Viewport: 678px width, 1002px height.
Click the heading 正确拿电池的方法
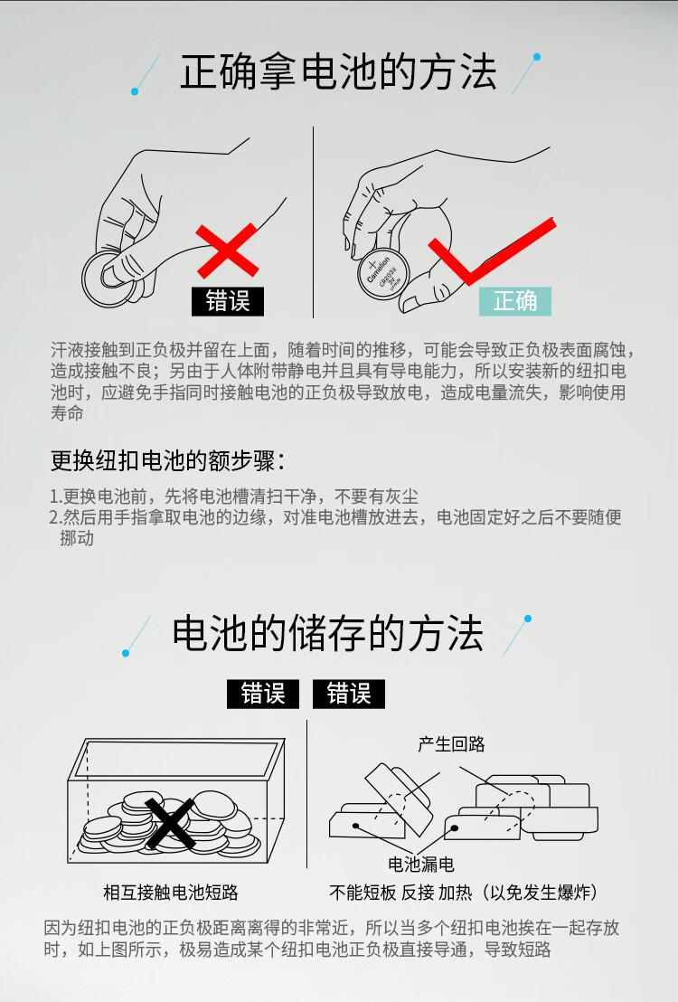tap(338, 71)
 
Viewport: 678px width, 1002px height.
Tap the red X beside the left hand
tap(227, 250)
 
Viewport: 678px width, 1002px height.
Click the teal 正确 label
tap(515, 301)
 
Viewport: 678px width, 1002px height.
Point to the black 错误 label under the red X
tap(228, 301)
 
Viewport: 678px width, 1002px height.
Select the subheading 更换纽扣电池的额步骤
tap(168, 460)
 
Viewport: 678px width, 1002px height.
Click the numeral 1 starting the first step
tap(53, 496)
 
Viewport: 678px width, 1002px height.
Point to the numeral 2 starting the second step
tap(54, 517)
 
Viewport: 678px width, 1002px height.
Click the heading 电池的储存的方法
tap(327, 633)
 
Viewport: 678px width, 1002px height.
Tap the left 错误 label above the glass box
tap(263, 694)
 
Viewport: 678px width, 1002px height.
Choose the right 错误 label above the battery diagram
tap(348, 694)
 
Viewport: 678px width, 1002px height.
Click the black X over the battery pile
tap(171, 824)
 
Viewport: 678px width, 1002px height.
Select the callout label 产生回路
tap(452, 744)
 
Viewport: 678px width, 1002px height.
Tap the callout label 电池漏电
tap(421, 864)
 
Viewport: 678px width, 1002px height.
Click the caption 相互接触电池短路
tap(171, 892)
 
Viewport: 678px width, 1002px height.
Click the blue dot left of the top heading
tap(135, 91)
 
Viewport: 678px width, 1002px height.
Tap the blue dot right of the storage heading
tap(528, 619)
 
